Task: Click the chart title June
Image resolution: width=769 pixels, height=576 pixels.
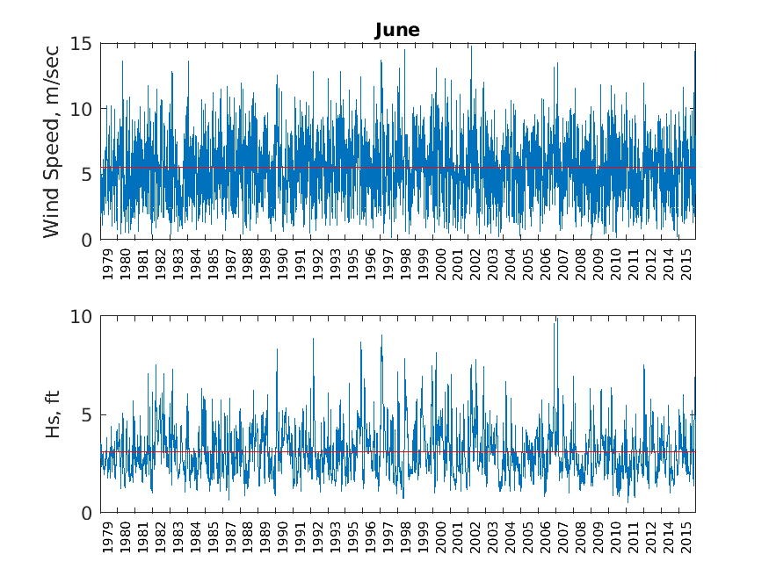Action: coord(397,31)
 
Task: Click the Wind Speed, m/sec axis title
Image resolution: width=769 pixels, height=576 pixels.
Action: coord(52,141)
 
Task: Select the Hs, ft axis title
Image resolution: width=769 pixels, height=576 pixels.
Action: coord(54,414)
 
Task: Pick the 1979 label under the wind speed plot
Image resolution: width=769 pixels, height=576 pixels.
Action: coord(108,263)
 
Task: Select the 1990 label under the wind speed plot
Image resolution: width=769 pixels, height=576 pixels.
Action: coord(283,263)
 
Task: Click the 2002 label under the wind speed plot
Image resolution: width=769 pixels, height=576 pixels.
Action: coord(475,263)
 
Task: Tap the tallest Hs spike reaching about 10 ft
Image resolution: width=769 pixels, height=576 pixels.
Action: coord(555,321)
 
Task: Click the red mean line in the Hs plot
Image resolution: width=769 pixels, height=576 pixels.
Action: coord(395,451)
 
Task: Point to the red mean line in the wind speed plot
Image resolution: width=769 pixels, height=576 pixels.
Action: coord(395,167)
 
